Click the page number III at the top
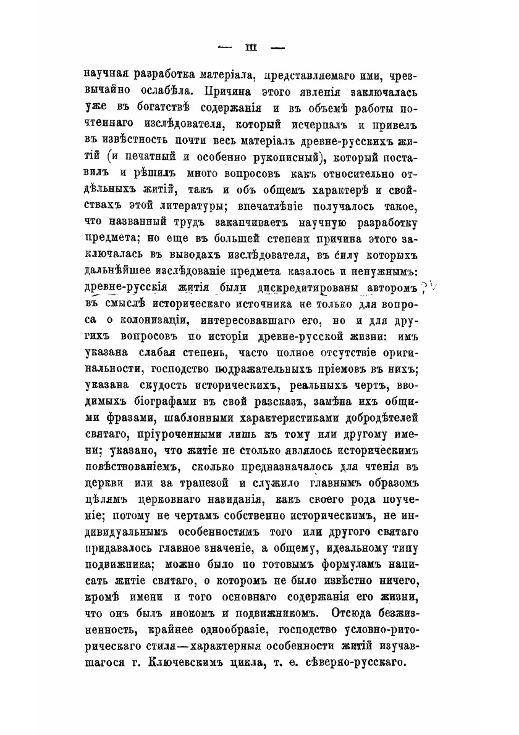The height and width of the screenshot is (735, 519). [251, 47]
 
